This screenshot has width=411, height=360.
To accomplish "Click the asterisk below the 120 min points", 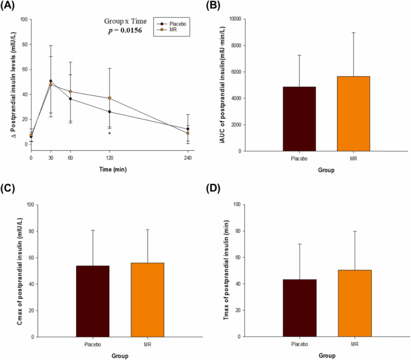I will tap(110, 134).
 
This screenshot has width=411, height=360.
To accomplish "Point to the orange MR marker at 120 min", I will tap(110, 98).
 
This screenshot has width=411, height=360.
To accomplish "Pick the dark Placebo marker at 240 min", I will tap(188, 129).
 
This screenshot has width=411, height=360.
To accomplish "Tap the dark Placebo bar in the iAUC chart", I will tap(299, 119).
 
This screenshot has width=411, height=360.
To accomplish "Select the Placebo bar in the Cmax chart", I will tap(92, 301).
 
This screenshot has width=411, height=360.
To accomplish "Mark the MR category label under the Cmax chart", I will tap(147, 345).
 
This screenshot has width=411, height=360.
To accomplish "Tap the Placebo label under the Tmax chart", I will tap(299, 344).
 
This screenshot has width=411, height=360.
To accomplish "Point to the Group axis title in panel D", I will tap(327, 356).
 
